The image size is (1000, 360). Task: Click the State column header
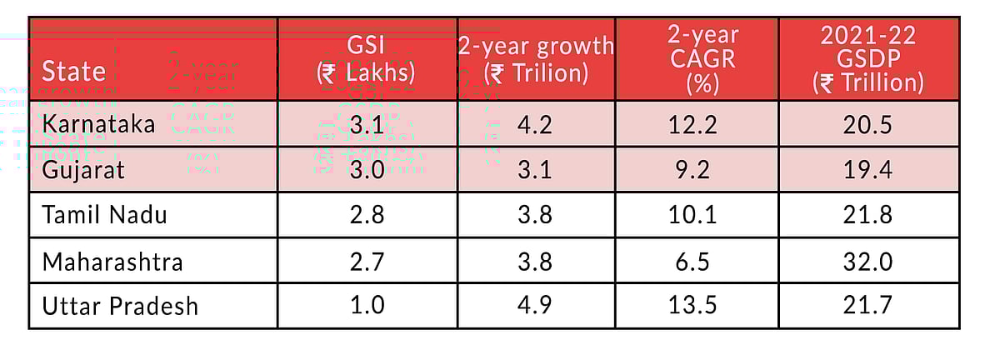[73, 70]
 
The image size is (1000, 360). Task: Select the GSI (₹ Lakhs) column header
[366, 59]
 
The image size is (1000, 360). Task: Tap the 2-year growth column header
[535, 59]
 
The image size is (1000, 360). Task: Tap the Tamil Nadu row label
[104, 215]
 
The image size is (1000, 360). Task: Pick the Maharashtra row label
[112, 261]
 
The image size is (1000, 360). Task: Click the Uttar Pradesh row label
[120, 306]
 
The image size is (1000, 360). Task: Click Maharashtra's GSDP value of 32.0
[867, 261]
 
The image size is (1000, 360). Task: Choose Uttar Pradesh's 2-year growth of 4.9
[535, 306]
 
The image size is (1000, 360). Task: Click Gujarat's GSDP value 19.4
[867, 170]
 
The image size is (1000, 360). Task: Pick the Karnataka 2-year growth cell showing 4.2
[535, 125]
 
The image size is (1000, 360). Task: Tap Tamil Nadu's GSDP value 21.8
[867, 215]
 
